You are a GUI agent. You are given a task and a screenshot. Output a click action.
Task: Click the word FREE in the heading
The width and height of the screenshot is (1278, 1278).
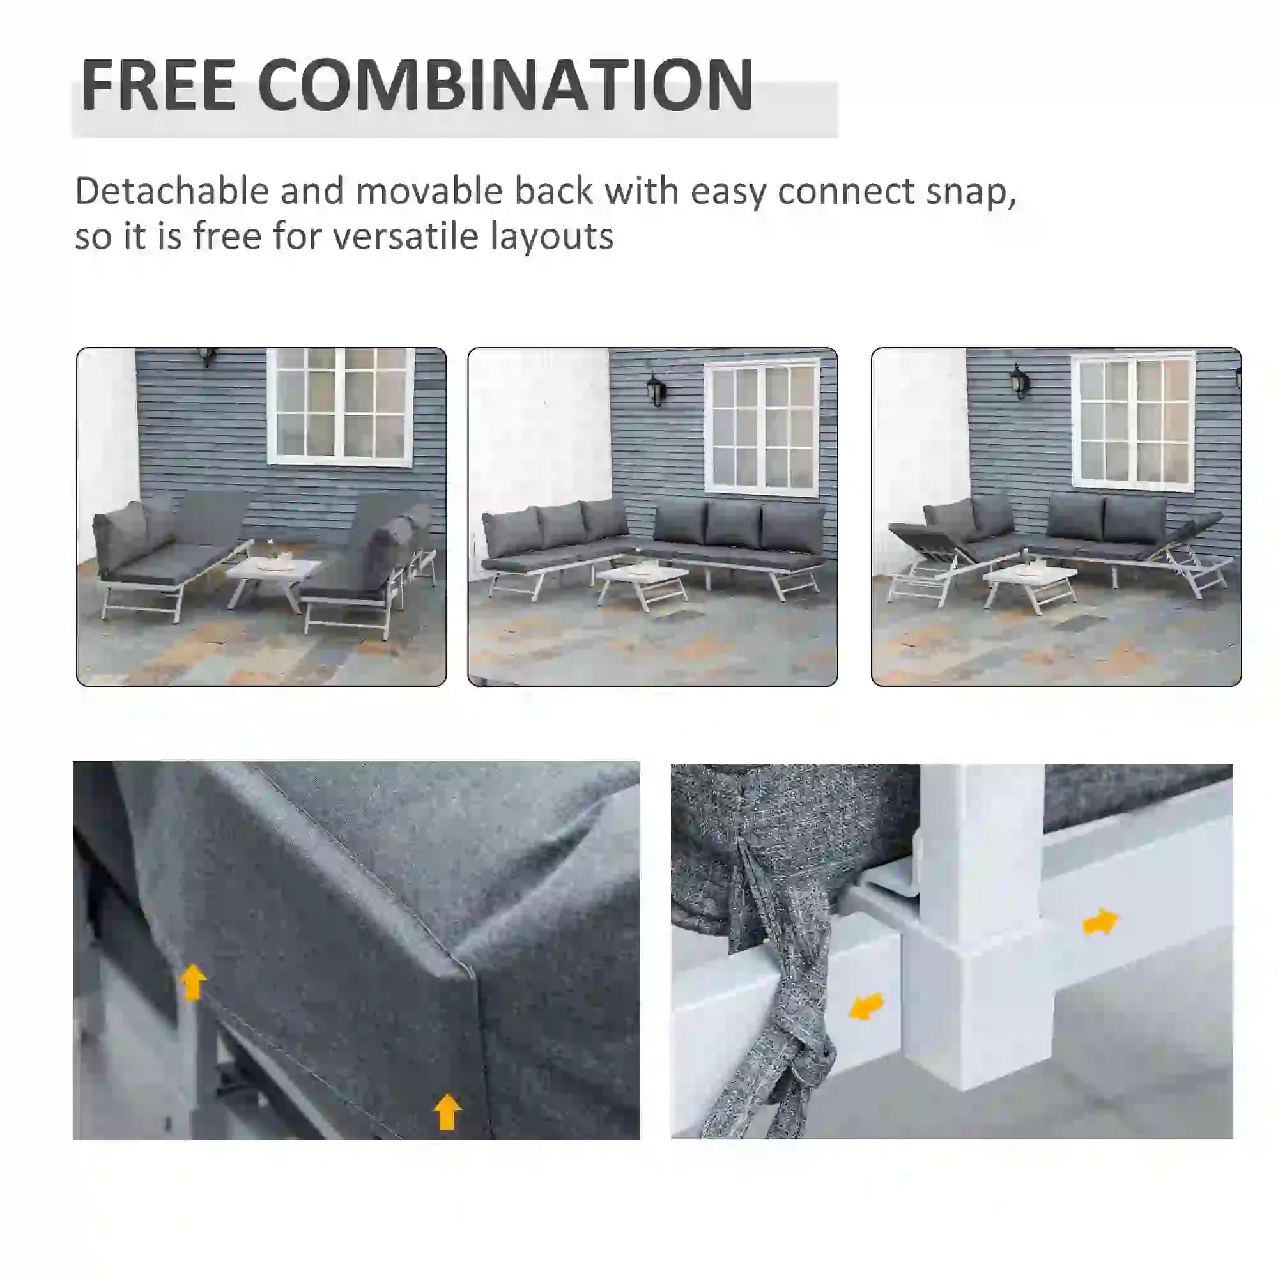pyautogui.click(x=157, y=85)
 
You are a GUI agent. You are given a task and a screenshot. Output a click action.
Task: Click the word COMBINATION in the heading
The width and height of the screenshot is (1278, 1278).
pyautogui.click(x=505, y=85)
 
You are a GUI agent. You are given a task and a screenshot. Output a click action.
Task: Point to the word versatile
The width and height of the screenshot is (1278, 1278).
pyautogui.click(x=405, y=236)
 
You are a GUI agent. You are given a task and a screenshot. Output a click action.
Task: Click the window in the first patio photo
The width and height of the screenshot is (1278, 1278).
pyautogui.click(x=340, y=405)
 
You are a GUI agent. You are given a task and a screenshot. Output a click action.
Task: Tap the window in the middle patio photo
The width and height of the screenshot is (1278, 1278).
pyautogui.click(x=763, y=427)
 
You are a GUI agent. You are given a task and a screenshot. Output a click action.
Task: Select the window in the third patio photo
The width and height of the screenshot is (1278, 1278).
pyautogui.click(x=1133, y=421)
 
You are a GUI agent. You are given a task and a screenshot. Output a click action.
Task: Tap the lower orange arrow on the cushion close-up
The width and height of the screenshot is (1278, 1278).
pyautogui.click(x=447, y=1111)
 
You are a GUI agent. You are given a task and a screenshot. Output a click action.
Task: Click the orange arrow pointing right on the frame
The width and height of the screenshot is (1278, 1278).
pyautogui.click(x=1099, y=921)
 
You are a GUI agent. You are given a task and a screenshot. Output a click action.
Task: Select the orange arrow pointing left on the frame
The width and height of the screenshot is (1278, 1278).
pyautogui.click(x=866, y=1006)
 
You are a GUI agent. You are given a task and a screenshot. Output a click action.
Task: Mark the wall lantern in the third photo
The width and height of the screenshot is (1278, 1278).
pyautogui.click(x=1019, y=382)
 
